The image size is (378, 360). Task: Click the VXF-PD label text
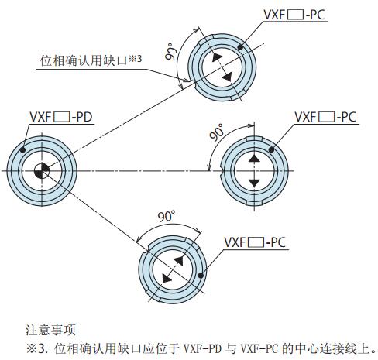tap(61, 117)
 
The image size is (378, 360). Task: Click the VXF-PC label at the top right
tap(294, 15)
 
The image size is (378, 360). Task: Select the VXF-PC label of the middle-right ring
tap(325, 117)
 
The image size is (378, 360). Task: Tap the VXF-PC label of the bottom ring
tap(255, 242)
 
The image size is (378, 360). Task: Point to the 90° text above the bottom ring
tap(167, 217)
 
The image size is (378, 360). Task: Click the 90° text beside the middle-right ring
tap(216, 132)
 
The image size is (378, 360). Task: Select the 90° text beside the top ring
tap(170, 52)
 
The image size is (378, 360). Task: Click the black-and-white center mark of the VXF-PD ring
tap(42, 170)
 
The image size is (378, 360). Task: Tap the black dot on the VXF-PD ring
tap(22, 149)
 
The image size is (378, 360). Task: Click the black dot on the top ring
tap(240, 47)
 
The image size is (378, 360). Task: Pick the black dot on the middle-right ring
tap(271, 149)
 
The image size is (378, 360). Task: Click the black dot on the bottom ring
tap(201, 275)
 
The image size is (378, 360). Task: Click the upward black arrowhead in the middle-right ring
tap(254, 158)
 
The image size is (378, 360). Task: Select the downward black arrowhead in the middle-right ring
tap(254, 183)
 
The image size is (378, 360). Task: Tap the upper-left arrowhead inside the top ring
tap(217, 57)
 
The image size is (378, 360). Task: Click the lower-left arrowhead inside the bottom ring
tap(167, 279)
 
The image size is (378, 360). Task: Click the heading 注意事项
tap(50, 330)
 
